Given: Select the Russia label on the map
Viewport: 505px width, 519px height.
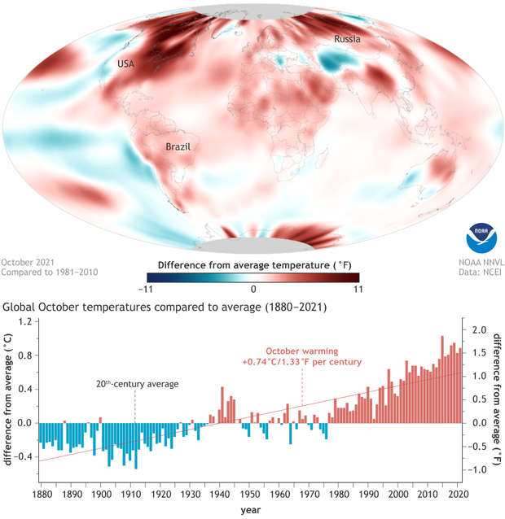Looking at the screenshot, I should click(346, 39).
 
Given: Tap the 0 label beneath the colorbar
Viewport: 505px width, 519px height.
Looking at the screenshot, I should click(253, 288).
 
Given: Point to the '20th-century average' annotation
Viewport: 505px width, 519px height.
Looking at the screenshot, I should click(134, 383).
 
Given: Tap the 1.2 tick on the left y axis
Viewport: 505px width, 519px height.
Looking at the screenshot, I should click(27, 322).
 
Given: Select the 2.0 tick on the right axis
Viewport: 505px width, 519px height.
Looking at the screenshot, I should click(480, 329).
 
